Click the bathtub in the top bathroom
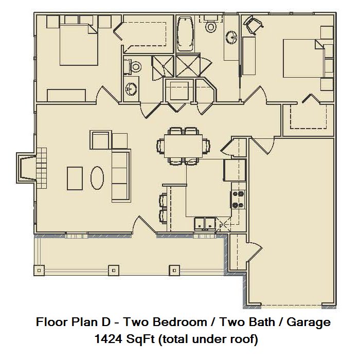pos(186,33)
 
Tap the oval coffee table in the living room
pos(97,178)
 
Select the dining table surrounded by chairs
pos(183,146)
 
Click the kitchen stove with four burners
pos(238,200)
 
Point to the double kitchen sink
pos(205,224)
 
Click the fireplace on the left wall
pos(26,168)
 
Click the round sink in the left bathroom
pos(131,88)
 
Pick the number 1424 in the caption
pos(109,339)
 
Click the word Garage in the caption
pos(309,322)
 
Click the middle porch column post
pos(114,271)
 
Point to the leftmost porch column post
pos(39,271)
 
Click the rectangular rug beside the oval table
pos(75,178)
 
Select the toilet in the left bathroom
pos(133,67)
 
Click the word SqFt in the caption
pos(140,339)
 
